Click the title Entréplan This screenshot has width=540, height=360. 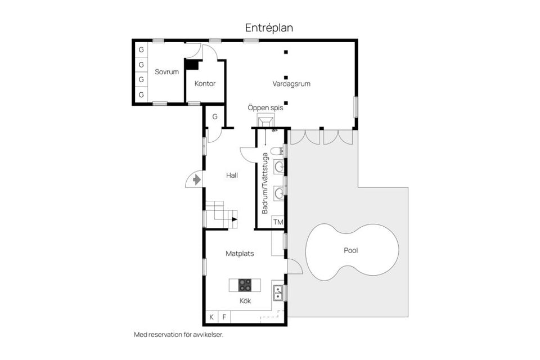269,27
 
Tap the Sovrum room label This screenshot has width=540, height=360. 166,71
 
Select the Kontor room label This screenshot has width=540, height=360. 205,84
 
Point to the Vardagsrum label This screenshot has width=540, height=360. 291,84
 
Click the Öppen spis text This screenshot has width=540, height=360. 265,107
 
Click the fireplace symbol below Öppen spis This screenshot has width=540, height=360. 265,121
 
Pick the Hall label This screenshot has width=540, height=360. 232,175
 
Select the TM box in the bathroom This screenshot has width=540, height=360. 278,222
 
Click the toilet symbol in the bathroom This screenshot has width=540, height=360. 276,151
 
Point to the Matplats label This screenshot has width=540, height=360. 240,254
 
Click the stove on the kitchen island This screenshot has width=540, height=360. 245,285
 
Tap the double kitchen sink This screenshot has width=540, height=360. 277,291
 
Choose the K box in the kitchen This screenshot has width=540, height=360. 211,317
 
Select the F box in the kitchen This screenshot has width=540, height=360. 224,317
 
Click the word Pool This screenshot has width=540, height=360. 351,250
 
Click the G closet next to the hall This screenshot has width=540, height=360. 214,116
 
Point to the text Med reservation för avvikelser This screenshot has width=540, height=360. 178,334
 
